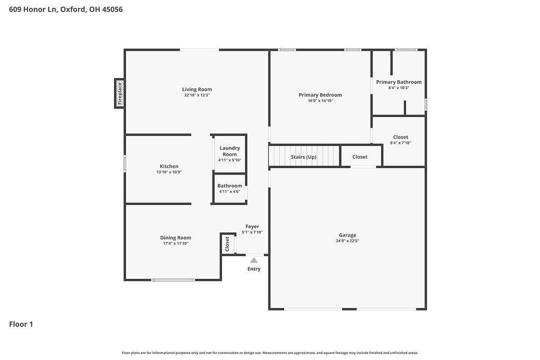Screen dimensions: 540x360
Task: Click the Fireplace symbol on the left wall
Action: click(x=120, y=93)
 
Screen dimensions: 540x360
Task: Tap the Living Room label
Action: click(x=197, y=90)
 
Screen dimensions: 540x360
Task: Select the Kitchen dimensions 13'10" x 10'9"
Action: click(x=169, y=172)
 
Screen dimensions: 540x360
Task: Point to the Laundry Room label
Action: click(x=230, y=151)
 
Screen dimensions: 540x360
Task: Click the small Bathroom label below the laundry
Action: click(x=230, y=186)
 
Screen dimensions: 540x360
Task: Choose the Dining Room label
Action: click(x=176, y=238)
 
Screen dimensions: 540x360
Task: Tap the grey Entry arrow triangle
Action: click(x=254, y=260)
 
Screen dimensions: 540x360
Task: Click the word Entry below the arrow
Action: click(x=254, y=269)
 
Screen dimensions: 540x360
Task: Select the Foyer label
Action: click(x=253, y=227)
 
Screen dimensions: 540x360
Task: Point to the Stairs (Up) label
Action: click(x=303, y=157)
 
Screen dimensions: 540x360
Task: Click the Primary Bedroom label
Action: click(x=320, y=95)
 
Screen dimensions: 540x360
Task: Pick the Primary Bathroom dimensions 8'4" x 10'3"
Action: click(x=399, y=88)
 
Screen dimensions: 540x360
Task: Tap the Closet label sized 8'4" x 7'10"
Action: click(x=401, y=137)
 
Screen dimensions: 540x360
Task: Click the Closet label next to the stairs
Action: click(x=360, y=157)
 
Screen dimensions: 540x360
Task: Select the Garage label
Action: click(x=348, y=235)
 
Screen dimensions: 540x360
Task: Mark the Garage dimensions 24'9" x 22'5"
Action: click(x=348, y=241)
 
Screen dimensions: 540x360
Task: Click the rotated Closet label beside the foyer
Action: click(x=227, y=244)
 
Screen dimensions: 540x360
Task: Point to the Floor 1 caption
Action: click(x=21, y=324)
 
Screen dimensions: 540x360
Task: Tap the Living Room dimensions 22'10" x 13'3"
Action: click(x=197, y=95)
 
